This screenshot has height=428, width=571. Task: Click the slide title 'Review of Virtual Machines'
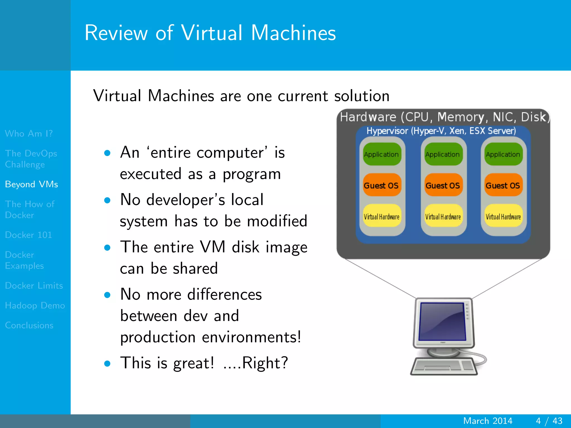coord(210,33)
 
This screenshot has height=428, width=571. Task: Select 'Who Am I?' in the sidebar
coord(29,133)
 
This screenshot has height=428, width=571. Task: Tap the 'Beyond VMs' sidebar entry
coord(32,184)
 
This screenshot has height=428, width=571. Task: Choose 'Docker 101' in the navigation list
coord(28,235)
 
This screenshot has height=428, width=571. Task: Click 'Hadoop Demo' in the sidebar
coord(35,305)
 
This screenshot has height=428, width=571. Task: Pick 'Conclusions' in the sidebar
coord(29,325)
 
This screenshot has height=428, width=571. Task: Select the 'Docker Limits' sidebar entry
coord(34,286)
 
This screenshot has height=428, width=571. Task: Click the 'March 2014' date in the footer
coord(488,421)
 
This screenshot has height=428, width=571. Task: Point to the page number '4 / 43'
coord(549,421)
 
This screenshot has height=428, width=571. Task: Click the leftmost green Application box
coord(381,154)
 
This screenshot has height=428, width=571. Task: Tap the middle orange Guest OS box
coord(442,185)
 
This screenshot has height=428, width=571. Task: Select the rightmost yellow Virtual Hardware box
coord(503,216)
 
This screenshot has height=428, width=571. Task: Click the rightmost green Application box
coord(503,154)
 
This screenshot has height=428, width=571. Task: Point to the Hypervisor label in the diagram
coord(441,131)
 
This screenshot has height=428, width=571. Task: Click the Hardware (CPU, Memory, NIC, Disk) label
coord(443,117)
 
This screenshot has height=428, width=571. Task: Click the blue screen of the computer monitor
coord(442,321)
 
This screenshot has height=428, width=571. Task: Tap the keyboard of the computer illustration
coord(443,366)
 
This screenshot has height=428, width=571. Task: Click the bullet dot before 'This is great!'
coord(107,363)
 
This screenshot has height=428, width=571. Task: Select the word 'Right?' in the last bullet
coord(265,363)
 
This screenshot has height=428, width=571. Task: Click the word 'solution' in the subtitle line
coord(362,96)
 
